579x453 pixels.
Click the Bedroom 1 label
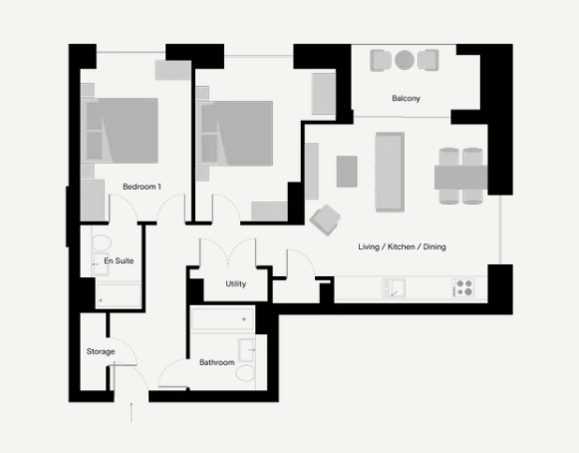[x=142, y=187]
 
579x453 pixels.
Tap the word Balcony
[x=406, y=99]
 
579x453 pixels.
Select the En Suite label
[x=119, y=260]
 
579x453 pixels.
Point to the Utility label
[x=235, y=284]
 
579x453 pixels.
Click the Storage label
[x=101, y=351]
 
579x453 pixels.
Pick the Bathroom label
[x=217, y=362]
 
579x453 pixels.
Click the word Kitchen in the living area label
[x=401, y=246]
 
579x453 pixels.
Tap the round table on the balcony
[x=405, y=60]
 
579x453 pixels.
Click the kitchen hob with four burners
[x=463, y=288]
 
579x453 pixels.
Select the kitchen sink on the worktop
[x=394, y=288]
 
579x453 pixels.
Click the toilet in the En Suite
[x=102, y=242]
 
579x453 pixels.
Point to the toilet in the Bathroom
[x=245, y=373]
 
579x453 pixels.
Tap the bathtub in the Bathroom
[x=222, y=318]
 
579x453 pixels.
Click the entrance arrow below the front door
[x=132, y=412]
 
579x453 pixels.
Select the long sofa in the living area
[x=390, y=172]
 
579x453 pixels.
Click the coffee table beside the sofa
[x=347, y=172]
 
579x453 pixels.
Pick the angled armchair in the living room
[x=325, y=221]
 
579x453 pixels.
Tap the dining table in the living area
[x=460, y=178]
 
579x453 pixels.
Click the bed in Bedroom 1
[x=120, y=131]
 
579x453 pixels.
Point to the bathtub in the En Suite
[x=119, y=295]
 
